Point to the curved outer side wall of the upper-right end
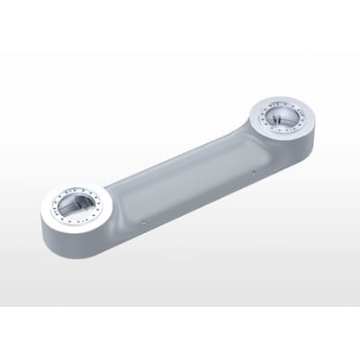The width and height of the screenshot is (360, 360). point(301,148)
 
